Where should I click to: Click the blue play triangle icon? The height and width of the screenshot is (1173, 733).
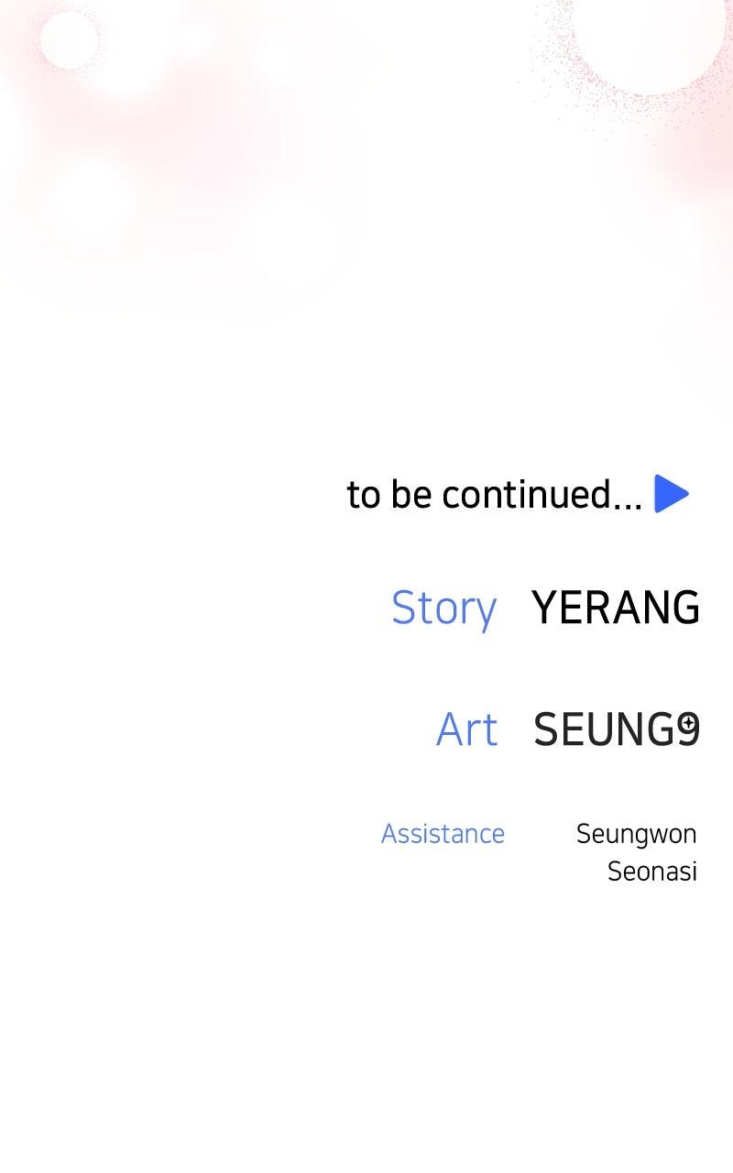(671, 493)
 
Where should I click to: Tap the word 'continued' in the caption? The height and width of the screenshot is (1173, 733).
(527, 494)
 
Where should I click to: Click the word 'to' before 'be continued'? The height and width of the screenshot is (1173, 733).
(364, 495)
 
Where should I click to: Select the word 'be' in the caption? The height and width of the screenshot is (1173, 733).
(411, 494)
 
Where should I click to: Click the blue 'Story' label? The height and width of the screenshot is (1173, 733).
(444, 609)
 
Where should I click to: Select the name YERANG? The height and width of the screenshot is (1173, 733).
(616, 607)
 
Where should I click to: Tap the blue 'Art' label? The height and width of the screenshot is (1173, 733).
(467, 729)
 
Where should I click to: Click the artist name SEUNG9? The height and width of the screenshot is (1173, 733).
(617, 729)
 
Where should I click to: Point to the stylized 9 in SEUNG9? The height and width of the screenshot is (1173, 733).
(688, 729)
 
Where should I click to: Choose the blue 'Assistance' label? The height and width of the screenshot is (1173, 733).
(443, 834)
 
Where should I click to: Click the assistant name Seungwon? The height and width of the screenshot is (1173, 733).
(637, 835)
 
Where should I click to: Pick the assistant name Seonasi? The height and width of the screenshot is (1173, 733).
(652, 872)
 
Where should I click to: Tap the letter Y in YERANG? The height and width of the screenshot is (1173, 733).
(544, 607)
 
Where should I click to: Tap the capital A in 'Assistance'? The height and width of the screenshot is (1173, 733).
(390, 834)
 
